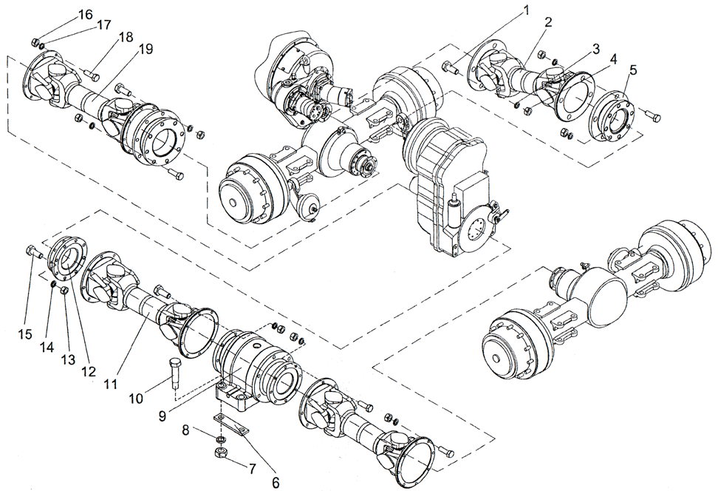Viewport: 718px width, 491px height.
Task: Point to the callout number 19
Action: tap(145, 50)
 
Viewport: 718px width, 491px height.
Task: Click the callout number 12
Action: tap(89, 372)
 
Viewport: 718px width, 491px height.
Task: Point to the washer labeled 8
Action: tap(220, 439)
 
